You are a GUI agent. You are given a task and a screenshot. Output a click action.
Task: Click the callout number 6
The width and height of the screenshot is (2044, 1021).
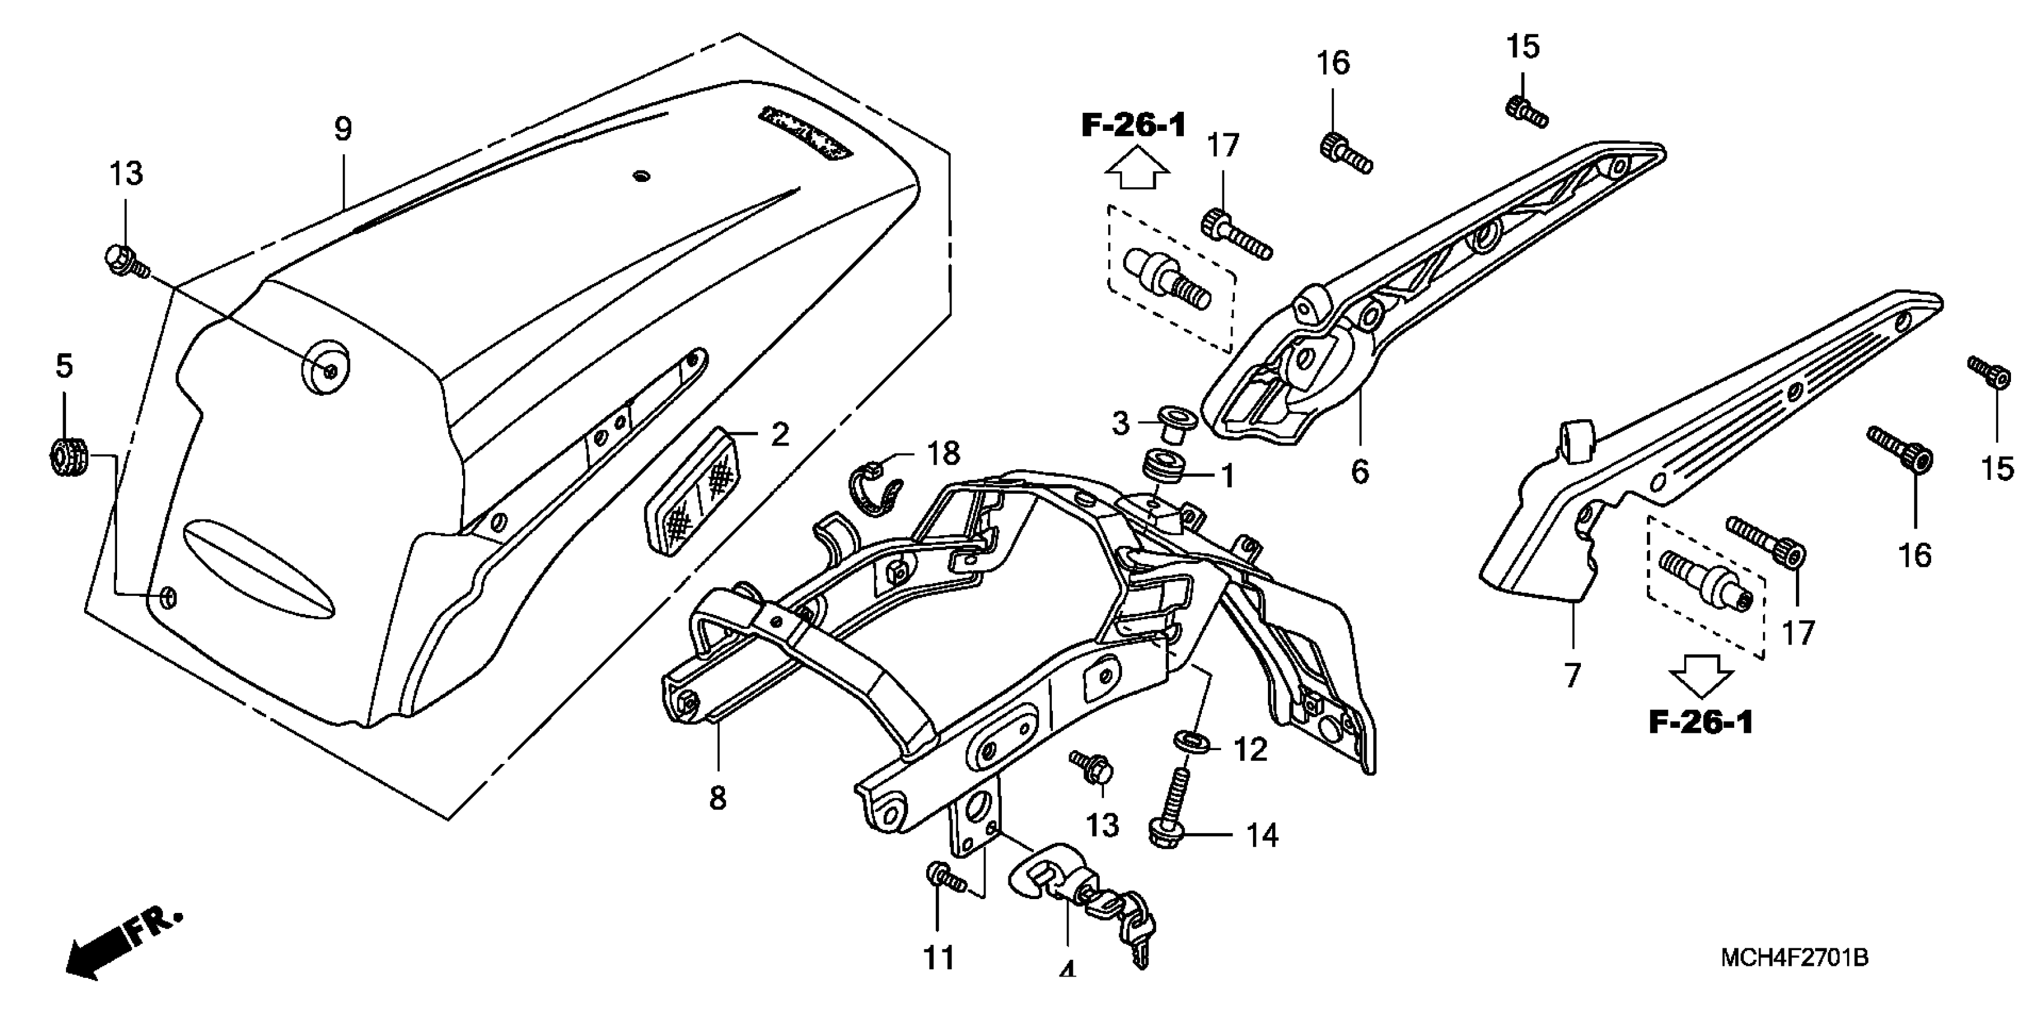(1359, 472)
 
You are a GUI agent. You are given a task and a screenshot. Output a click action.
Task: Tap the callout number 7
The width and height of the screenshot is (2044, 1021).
(1572, 675)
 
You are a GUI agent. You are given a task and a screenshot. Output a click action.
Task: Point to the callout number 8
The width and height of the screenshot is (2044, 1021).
(717, 798)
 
